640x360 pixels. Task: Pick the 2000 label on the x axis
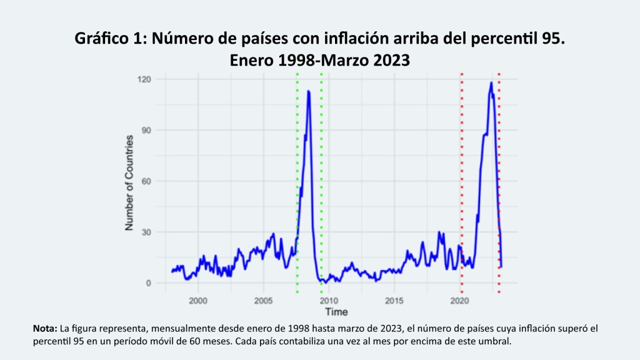point(198,301)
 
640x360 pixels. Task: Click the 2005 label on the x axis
point(263,301)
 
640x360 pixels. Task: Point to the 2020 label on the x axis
point(459,301)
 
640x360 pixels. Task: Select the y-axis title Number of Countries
point(130,182)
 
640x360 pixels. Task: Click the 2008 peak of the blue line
point(308,91)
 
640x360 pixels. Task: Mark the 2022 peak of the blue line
point(491,82)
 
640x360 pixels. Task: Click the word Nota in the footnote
point(44,328)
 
